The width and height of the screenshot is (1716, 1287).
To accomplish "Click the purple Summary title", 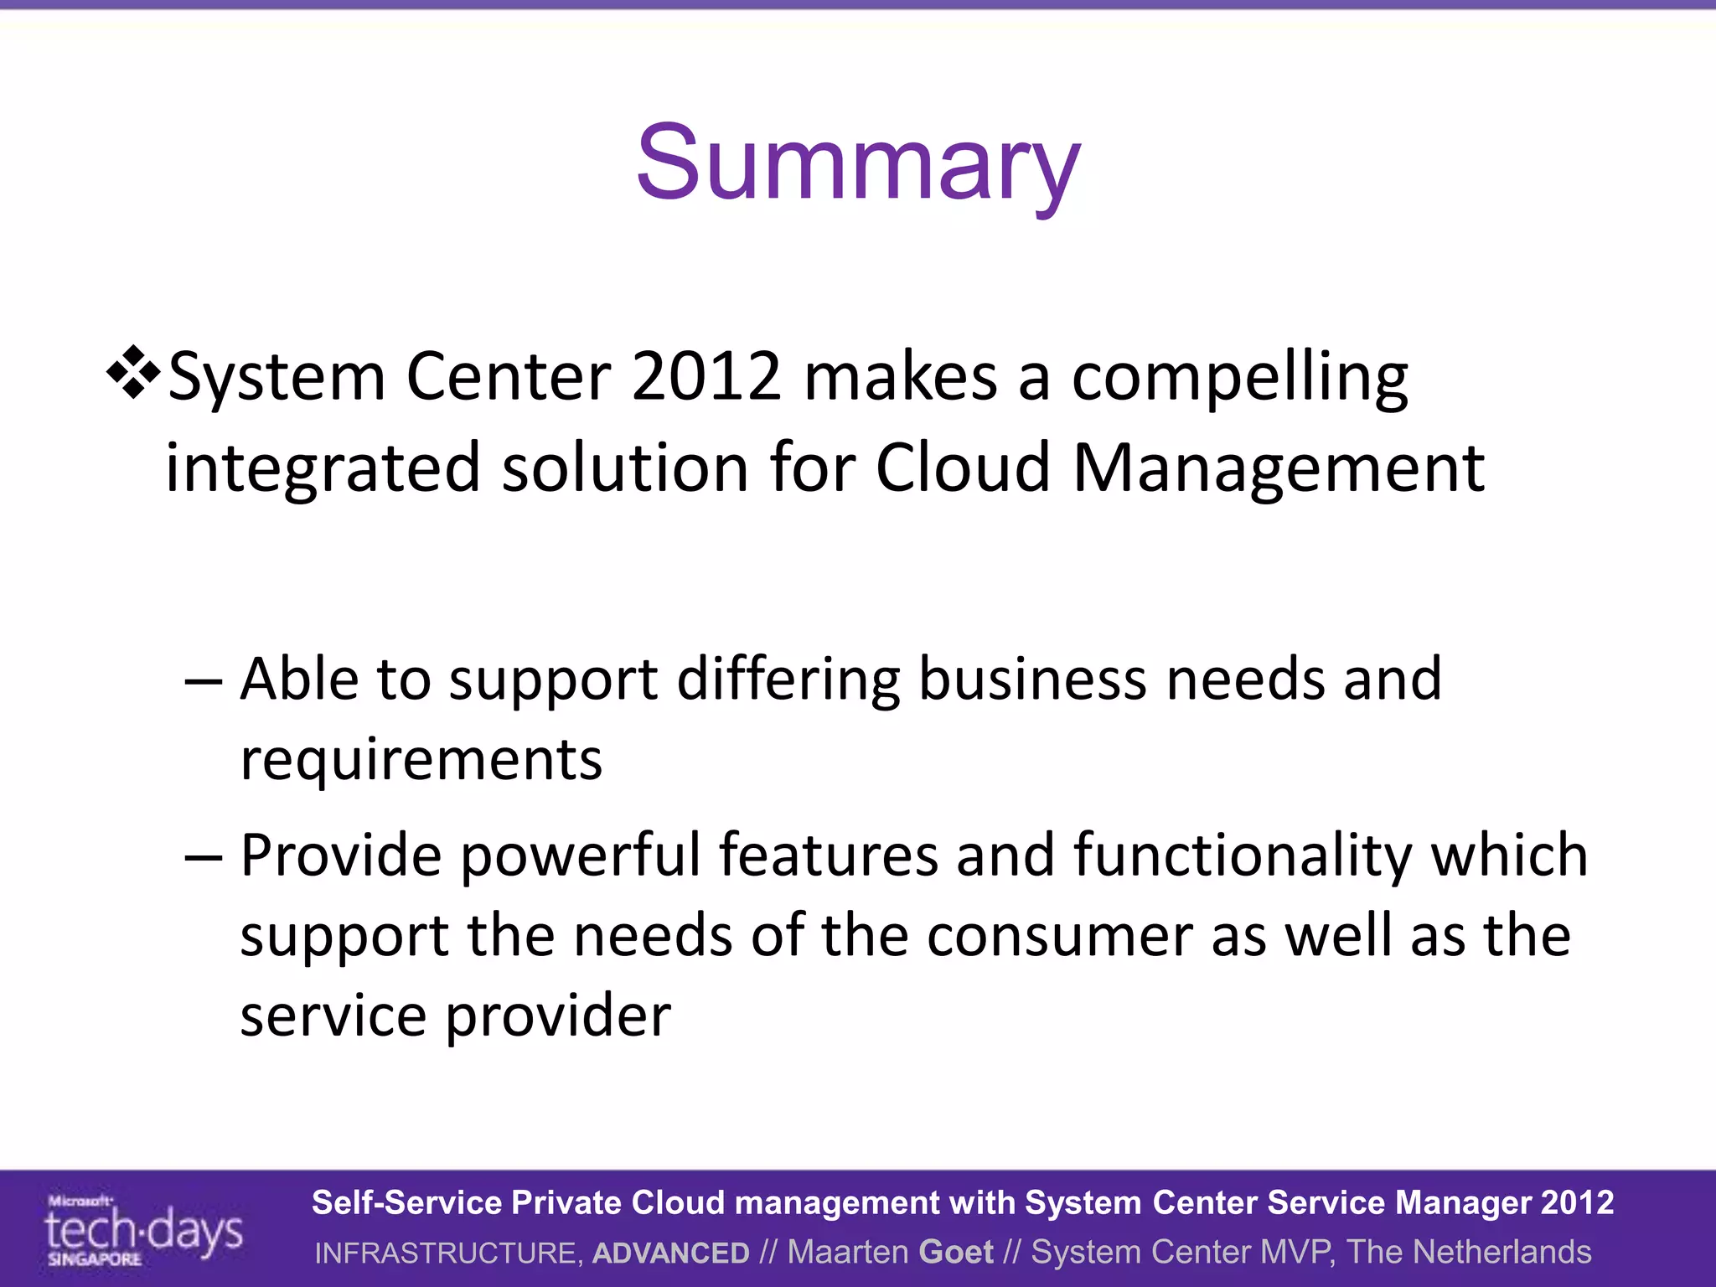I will pos(858,163).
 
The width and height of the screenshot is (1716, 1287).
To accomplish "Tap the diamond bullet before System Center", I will pos(133,371).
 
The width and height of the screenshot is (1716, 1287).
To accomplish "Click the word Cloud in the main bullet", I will pos(963,468).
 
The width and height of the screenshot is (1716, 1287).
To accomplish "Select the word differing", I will pos(788,680).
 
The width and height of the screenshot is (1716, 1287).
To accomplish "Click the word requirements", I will pos(421,761).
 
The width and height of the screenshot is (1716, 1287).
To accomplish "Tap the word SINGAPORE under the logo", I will pos(95,1259).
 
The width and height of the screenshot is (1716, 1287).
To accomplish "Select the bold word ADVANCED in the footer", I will pos(670,1253).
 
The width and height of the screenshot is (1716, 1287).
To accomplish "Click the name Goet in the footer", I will pos(956,1252).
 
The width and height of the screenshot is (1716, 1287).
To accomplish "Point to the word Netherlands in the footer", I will pos(1501,1252).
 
